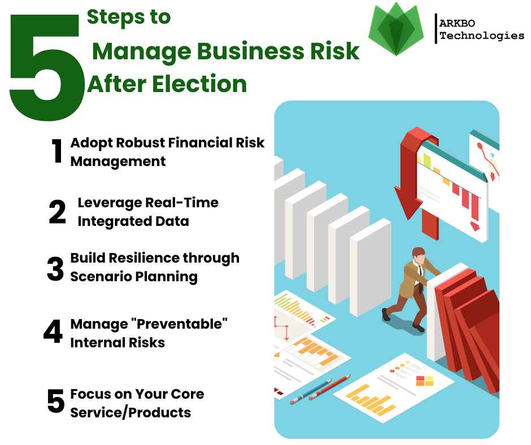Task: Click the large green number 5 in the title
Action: tap(46, 68)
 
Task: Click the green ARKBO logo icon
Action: tap(396, 29)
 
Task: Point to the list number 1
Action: tap(57, 151)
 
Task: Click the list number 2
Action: tap(57, 212)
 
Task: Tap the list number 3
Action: tap(55, 269)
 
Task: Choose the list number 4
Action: tap(53, 331)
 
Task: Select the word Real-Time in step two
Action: tap(181, 203)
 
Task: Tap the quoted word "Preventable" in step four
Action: tap(181, 324)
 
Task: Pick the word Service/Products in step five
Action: tap(130, 413)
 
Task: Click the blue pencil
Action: tap(311, 391)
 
